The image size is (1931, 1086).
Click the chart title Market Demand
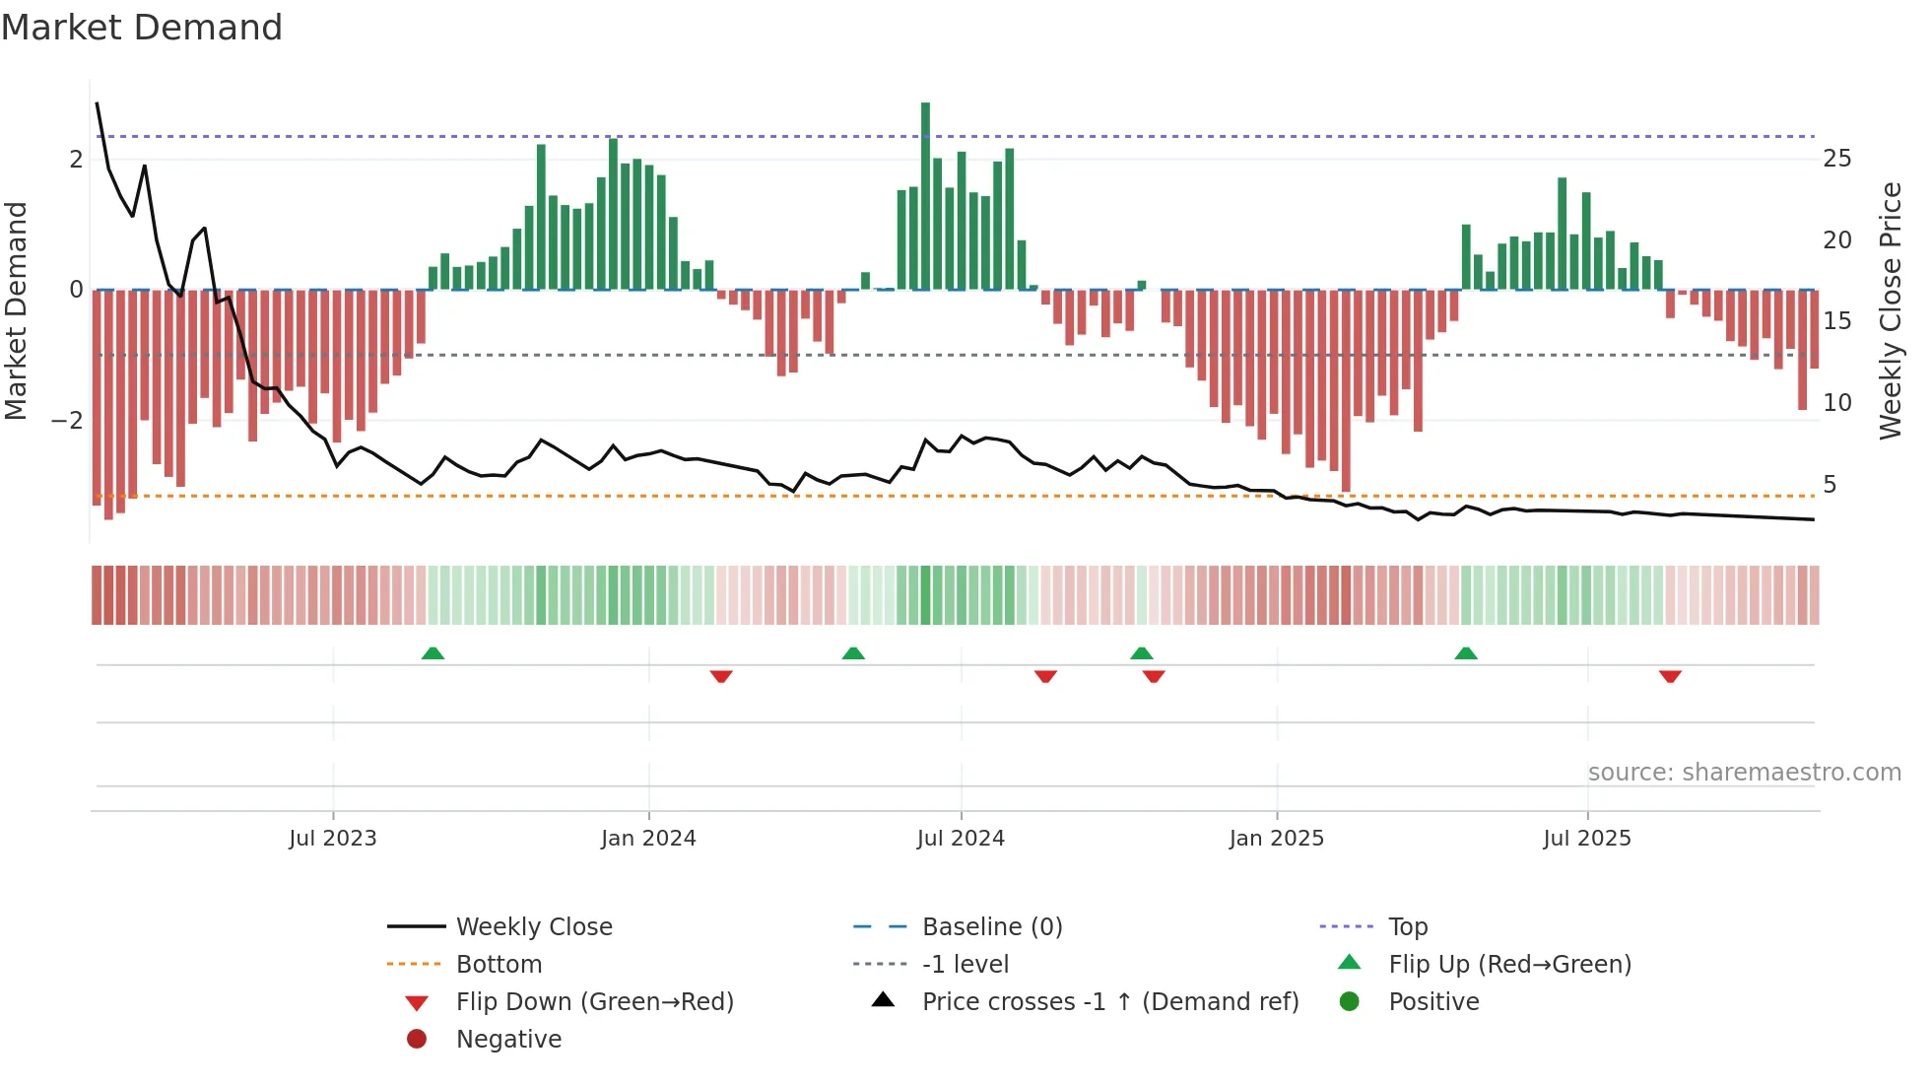tap(142, 28)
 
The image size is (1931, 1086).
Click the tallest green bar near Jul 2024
tap(925, 197)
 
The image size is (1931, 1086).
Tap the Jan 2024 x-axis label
tap(648, 839)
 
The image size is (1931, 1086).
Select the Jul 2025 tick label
tap(1586, 839)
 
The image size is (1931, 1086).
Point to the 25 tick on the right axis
tap(1836, 159)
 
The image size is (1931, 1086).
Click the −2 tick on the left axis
tap(68, 421)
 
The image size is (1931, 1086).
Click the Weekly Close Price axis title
tap(1890, 310)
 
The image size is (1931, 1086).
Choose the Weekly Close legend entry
tap(533, 927)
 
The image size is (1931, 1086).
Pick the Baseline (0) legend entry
tap(991, 927)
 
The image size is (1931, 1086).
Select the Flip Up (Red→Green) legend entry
tap(1508, 965)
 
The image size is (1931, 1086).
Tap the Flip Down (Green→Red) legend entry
tap(594, 1002)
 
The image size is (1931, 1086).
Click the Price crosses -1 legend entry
tap(1109, 1002)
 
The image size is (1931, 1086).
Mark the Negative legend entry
tap(508, 1040)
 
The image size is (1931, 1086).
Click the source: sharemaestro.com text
tap(1744, 773)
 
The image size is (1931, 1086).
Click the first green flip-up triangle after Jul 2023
tap(433, 653)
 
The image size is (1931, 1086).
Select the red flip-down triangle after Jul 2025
tap(1669, 676)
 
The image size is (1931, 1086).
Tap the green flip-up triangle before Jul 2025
tap(1465, 653)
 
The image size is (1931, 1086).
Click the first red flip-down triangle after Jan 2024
tap(721, 676)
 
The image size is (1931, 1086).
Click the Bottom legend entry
tap(499, 965)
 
